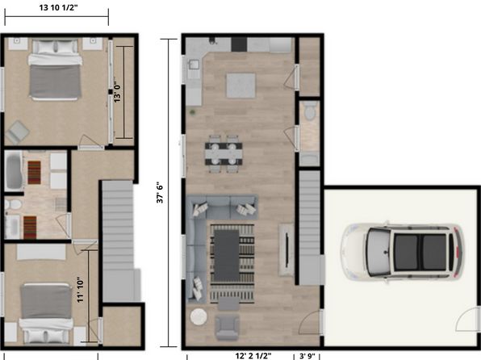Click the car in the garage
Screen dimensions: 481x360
click(x=402, y=252)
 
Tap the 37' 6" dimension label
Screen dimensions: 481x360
click(x=160, y=193)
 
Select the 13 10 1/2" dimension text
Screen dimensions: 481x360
click(x=58, y=7)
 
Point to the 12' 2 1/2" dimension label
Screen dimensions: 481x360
click(x=253, y=356)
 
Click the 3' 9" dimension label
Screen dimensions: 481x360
click(x=307, y=356)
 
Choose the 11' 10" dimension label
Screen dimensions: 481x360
click(x=81, y=290)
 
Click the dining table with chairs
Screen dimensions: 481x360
click(x=224, y=154)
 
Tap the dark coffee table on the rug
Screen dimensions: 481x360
click(x=227, y=255)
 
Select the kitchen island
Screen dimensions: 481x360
click(x=240, y=86)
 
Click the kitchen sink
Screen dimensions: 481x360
click(x=194, y=65)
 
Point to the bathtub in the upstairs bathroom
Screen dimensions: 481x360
click(x=14, y=170)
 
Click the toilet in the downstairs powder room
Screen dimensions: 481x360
click(x=310, y=111)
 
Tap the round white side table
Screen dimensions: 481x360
click(x=199, y=316)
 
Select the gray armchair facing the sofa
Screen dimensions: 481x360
click(x=227, y=327)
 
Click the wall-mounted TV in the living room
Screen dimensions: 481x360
click(x=287, y=250)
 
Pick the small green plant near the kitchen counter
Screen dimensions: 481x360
click(x=192, y=113)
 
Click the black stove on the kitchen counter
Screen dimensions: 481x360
click(x=239, y=44)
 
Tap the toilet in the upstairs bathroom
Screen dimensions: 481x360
click(x=14, y=204)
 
